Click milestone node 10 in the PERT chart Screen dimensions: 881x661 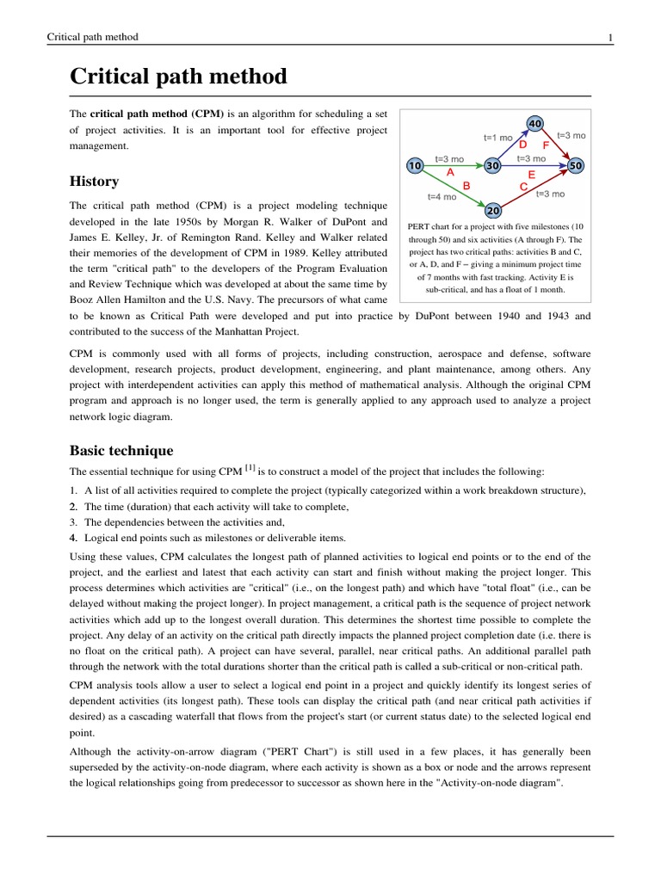coord(414,165)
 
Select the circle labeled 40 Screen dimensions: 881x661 coord(534,124)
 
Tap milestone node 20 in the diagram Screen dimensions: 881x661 coord(493,210)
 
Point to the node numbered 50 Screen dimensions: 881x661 coord(576,165)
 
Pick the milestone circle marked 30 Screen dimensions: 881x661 coord(493,165)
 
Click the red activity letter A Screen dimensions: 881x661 coord(449,172)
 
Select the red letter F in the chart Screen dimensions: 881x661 coord(546,145)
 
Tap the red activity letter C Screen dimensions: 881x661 coord(523,186)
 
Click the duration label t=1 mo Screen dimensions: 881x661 coord(497,138)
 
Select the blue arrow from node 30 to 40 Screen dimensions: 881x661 coord(513,145)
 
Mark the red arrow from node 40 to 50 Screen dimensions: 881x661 coord(556,145)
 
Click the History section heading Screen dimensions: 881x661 coord(94,182)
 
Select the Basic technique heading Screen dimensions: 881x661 coord(120,451)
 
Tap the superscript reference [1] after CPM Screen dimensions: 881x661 coord(250,468)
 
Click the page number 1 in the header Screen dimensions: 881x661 coord(610,37)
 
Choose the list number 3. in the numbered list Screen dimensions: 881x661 coord(73,522)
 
